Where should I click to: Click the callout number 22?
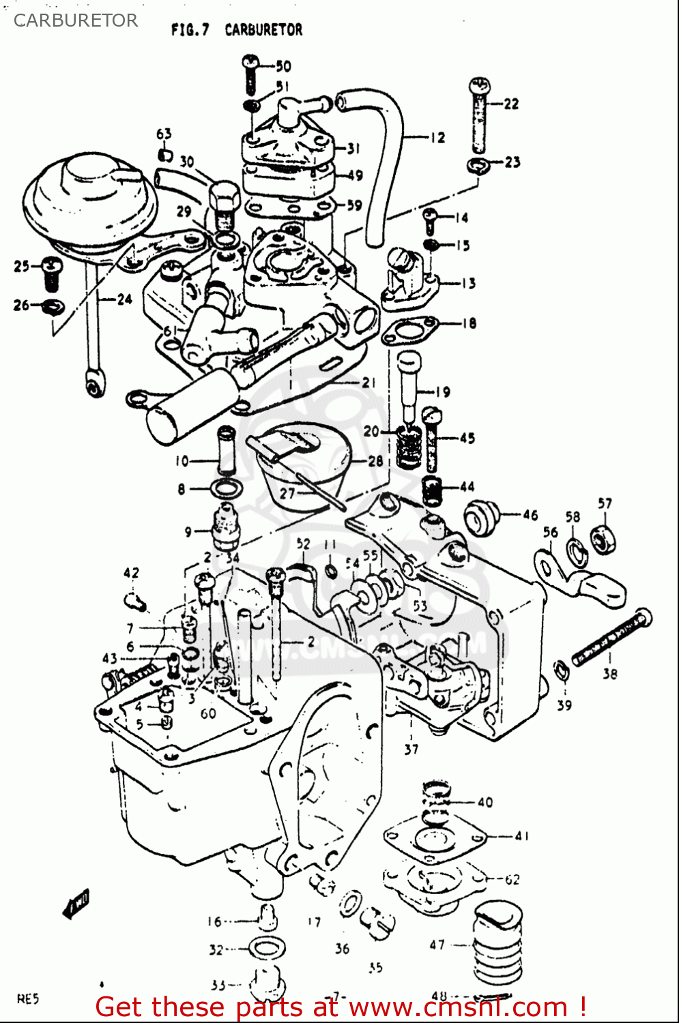click(x=511, y=104)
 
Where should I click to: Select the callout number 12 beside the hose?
click(x=437, y=138)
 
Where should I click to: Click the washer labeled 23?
click(x=478, y=164)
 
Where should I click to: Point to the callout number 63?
click(x=164, y=134)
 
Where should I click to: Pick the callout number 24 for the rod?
click(x=124, y=299)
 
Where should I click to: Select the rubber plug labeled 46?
click(x=481, y=516)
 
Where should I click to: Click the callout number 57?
click(x=605, y=503)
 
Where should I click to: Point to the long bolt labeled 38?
click(x=611, y=638)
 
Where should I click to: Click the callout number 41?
click(x=521, y=835)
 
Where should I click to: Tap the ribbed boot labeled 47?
click(x=497, y=945)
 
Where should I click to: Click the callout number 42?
click(x=131, y=573)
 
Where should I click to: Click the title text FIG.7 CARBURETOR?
click(x=236, y=30)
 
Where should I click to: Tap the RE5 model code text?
click(x=28, y=999)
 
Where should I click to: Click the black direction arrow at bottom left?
click(x=75, y=904)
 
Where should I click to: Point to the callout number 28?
click(x=375, y=461)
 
